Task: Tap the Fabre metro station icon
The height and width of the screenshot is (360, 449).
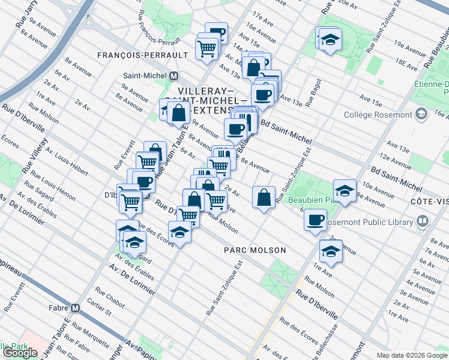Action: pyautogui.click(x=76, y=308)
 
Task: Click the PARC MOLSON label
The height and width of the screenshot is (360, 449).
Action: pyautogui.click(x=255, y=250)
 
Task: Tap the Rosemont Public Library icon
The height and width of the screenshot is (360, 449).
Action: pyautogui.click(x=423, y=223)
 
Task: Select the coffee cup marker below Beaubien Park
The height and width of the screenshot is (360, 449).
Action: pyautogui.click(x=315, y=221)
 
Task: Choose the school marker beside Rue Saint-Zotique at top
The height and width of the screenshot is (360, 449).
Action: pyautogui.click(x=329, y=40)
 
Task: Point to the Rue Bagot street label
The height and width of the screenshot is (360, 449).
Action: pyautogui.click(x=313, y=93)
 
